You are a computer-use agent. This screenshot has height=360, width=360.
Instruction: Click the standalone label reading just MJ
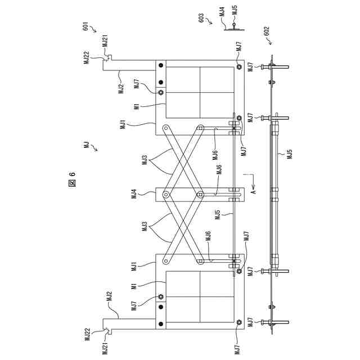tap(86, 145)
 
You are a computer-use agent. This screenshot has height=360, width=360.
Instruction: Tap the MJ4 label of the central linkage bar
tap(134, 195)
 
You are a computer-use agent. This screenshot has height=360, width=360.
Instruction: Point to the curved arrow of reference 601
tap(93, 29)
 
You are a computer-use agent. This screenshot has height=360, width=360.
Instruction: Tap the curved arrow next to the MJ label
tap(94, 148)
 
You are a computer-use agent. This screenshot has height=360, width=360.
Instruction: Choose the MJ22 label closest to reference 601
tap(87, 56)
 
